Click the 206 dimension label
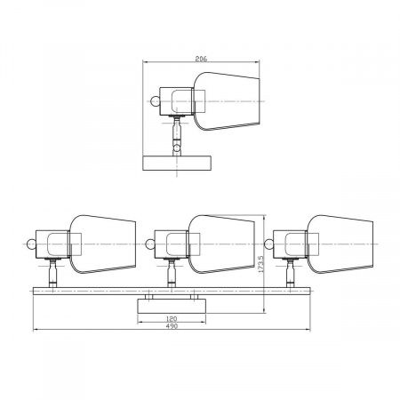[x=201, y=59]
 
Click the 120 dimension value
[x=172, y=319]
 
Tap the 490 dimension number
[x=172, y=326]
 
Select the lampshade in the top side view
[x=227, y=101]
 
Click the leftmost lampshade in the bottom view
[x=102, y=244]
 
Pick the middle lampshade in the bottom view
[x=221, y=244]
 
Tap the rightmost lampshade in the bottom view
[x=340, y=244]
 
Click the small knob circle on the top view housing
[x=156, y=101]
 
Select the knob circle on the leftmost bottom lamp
[x=31, y=244]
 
